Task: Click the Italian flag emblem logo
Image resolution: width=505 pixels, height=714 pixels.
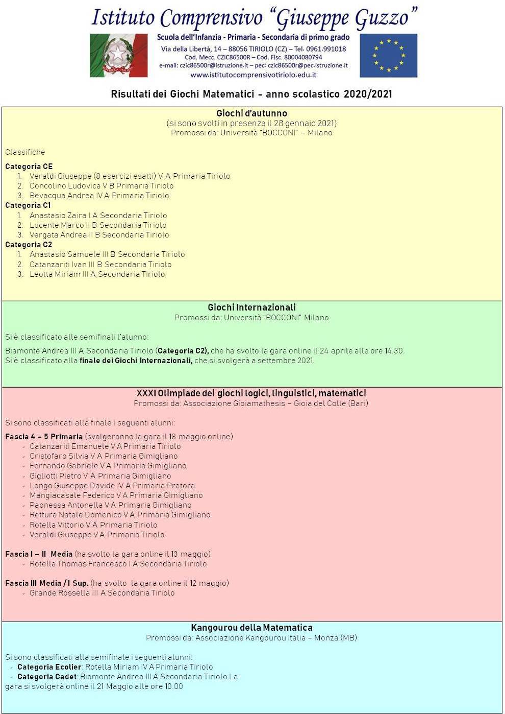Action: point(118,55)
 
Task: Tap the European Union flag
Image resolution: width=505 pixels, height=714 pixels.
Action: point(388,55)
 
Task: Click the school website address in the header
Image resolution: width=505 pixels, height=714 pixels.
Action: point(253,75)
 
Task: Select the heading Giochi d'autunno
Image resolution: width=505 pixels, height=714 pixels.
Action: point(251,113)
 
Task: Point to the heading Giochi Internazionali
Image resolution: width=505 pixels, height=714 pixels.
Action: point(251,307)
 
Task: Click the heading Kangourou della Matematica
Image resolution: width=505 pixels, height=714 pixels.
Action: point(251,628)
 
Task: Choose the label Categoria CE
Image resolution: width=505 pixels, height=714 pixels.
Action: point(29,166)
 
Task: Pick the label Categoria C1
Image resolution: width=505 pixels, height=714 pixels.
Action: point(28,205)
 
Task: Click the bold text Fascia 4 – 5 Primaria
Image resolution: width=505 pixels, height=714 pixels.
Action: point(44,437)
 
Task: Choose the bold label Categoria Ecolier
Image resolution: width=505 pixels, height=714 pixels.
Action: point(49,667)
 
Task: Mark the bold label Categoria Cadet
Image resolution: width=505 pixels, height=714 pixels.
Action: point(47,677)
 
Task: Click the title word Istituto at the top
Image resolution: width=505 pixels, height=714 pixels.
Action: point(122,18)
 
